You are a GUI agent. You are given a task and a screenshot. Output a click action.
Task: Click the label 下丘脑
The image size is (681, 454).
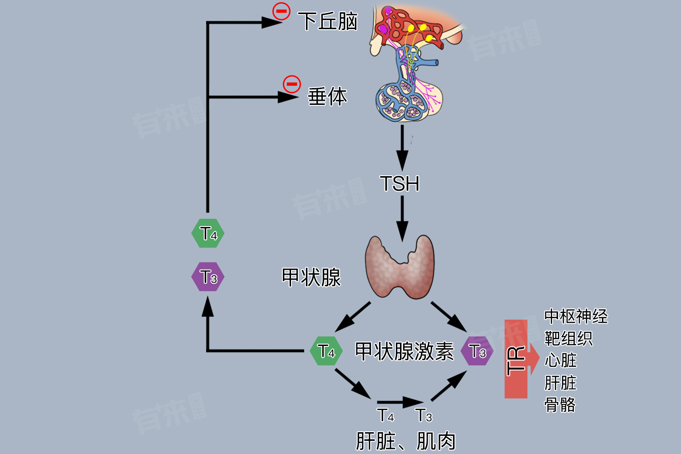tap(328, 21)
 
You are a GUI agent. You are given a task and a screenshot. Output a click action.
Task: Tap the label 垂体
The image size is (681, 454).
tap(327, 97)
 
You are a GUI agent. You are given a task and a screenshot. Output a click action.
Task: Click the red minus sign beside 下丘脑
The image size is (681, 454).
tap(281, 11)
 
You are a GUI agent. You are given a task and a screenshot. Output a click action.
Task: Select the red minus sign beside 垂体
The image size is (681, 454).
tap(291, 84)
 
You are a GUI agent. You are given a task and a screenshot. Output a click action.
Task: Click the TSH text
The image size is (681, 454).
tap(400, 184)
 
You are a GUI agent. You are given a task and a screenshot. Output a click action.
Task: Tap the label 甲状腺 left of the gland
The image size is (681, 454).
tap(311, 277)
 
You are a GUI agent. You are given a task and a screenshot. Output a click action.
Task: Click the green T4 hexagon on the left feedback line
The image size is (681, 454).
tap(208, 233)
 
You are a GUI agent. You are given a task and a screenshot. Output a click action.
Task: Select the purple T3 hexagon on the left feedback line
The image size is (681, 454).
tap(208, 277)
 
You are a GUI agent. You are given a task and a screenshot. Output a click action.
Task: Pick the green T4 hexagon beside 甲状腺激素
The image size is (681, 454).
tap(326, 351)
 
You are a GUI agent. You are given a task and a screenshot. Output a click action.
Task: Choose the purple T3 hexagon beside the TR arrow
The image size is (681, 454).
tap(477, 351)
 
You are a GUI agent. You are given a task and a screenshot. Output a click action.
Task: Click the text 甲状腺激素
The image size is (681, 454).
tap(404, 351)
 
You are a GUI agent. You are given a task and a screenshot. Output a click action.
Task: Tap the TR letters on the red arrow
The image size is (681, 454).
tap(516, 361)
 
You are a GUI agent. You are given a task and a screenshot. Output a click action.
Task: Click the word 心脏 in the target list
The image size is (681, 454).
tap(560, 360)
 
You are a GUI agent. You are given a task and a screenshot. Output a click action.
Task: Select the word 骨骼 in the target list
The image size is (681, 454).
tap(560, 404)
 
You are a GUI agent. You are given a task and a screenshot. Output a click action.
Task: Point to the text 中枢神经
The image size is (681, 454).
tap(576, 316)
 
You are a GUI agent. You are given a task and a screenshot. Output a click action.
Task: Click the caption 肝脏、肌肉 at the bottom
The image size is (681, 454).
tap(405, 441)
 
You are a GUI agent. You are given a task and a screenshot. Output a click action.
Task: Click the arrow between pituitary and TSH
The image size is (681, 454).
tap(402, 148)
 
